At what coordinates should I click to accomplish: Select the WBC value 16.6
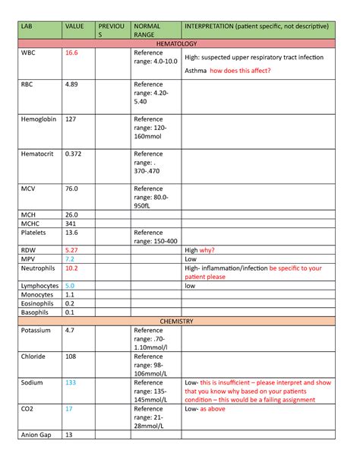point(72,54)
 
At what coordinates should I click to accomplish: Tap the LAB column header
point(28,27)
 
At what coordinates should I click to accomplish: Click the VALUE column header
point(74,27)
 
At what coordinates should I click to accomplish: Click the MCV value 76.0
point(72,188)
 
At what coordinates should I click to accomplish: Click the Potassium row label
point(36,331)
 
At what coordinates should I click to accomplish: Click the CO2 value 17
point(69,409)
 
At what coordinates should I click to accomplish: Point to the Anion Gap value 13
point(69,435)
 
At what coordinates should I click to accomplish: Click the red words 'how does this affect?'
point(240,71)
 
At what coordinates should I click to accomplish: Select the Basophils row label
point(35,312)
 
